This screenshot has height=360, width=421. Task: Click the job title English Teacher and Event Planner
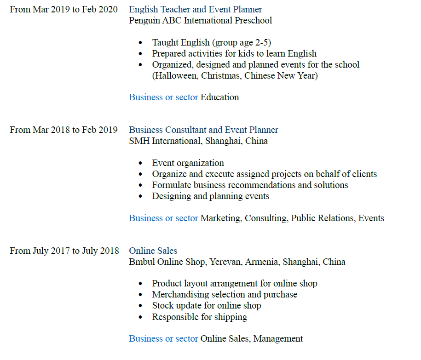point(196,9)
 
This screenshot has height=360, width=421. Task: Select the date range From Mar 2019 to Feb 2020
point(63,9)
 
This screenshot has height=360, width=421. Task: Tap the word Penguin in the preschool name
point(144,20)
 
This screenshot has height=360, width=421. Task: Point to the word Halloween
point(175,75)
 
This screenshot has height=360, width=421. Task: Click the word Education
point(220,97)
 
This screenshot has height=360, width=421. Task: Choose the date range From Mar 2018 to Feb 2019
point(63,130)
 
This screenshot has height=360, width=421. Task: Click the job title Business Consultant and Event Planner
point(203,130)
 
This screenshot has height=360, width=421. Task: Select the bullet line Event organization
point(188,163)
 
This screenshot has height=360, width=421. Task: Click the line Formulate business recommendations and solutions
point(250,185)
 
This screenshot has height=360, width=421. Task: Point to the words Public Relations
point(322,218)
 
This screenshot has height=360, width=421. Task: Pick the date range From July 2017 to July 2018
point(64,251)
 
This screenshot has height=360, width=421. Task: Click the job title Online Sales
point(153,251)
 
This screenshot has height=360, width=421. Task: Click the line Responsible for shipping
point(199,317)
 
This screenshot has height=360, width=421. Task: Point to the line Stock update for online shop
point(207,306)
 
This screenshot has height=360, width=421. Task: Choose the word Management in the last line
point(278,339)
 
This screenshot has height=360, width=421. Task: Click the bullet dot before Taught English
point(140,43)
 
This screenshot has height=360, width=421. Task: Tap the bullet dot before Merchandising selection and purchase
point(140,295)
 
